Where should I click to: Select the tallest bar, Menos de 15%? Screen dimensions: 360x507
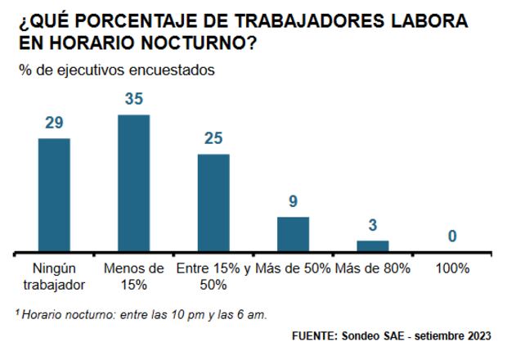tap(133, 183)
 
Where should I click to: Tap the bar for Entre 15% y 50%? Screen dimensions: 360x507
tap(213, 202)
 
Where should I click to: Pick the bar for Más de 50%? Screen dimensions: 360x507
tap(293, 234)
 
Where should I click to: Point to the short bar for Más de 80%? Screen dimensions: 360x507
tap(372, 245)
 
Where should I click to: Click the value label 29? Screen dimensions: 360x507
tap(54, 124)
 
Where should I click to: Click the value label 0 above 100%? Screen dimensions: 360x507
tap(451, 237)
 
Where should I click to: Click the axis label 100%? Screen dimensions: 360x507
tap(451, 268)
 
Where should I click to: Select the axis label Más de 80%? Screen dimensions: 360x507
tap(372, 268)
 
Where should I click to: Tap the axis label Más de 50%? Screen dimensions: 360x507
tap(293, 268)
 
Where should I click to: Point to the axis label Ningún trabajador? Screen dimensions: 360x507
tap(54, 276)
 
